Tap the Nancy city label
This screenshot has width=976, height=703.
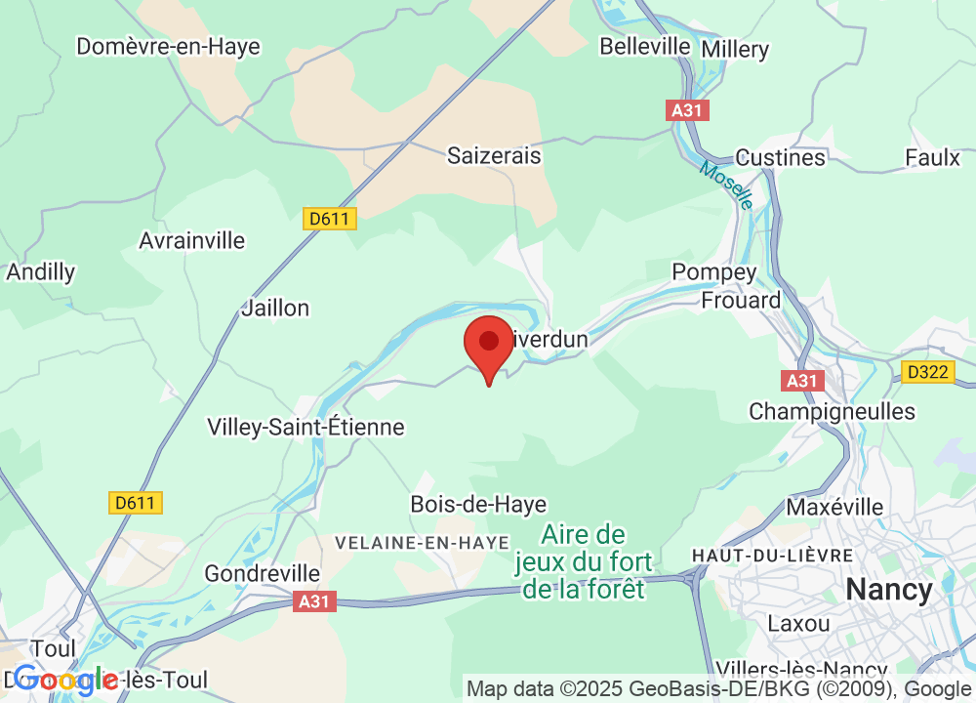point(889,590)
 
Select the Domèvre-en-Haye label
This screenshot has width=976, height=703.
point(168,46)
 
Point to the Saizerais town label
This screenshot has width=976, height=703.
point(494,155)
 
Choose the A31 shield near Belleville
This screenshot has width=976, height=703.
point(689,110)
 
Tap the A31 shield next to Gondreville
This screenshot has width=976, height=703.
point(315,602)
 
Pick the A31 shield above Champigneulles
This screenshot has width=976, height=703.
point(802,380)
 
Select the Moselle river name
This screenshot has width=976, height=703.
point(727,185)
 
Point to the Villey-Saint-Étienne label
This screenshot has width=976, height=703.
point(305,427)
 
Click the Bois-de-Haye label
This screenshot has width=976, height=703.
point(478,505)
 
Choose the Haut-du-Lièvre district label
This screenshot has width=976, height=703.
point(772,555)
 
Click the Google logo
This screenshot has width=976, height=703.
point(66,679)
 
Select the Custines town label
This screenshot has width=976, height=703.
point(780,157)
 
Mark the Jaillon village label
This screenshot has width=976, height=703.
point(275,308)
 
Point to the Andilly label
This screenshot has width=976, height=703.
point(40,272)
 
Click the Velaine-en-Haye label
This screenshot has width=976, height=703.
point(422,543)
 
